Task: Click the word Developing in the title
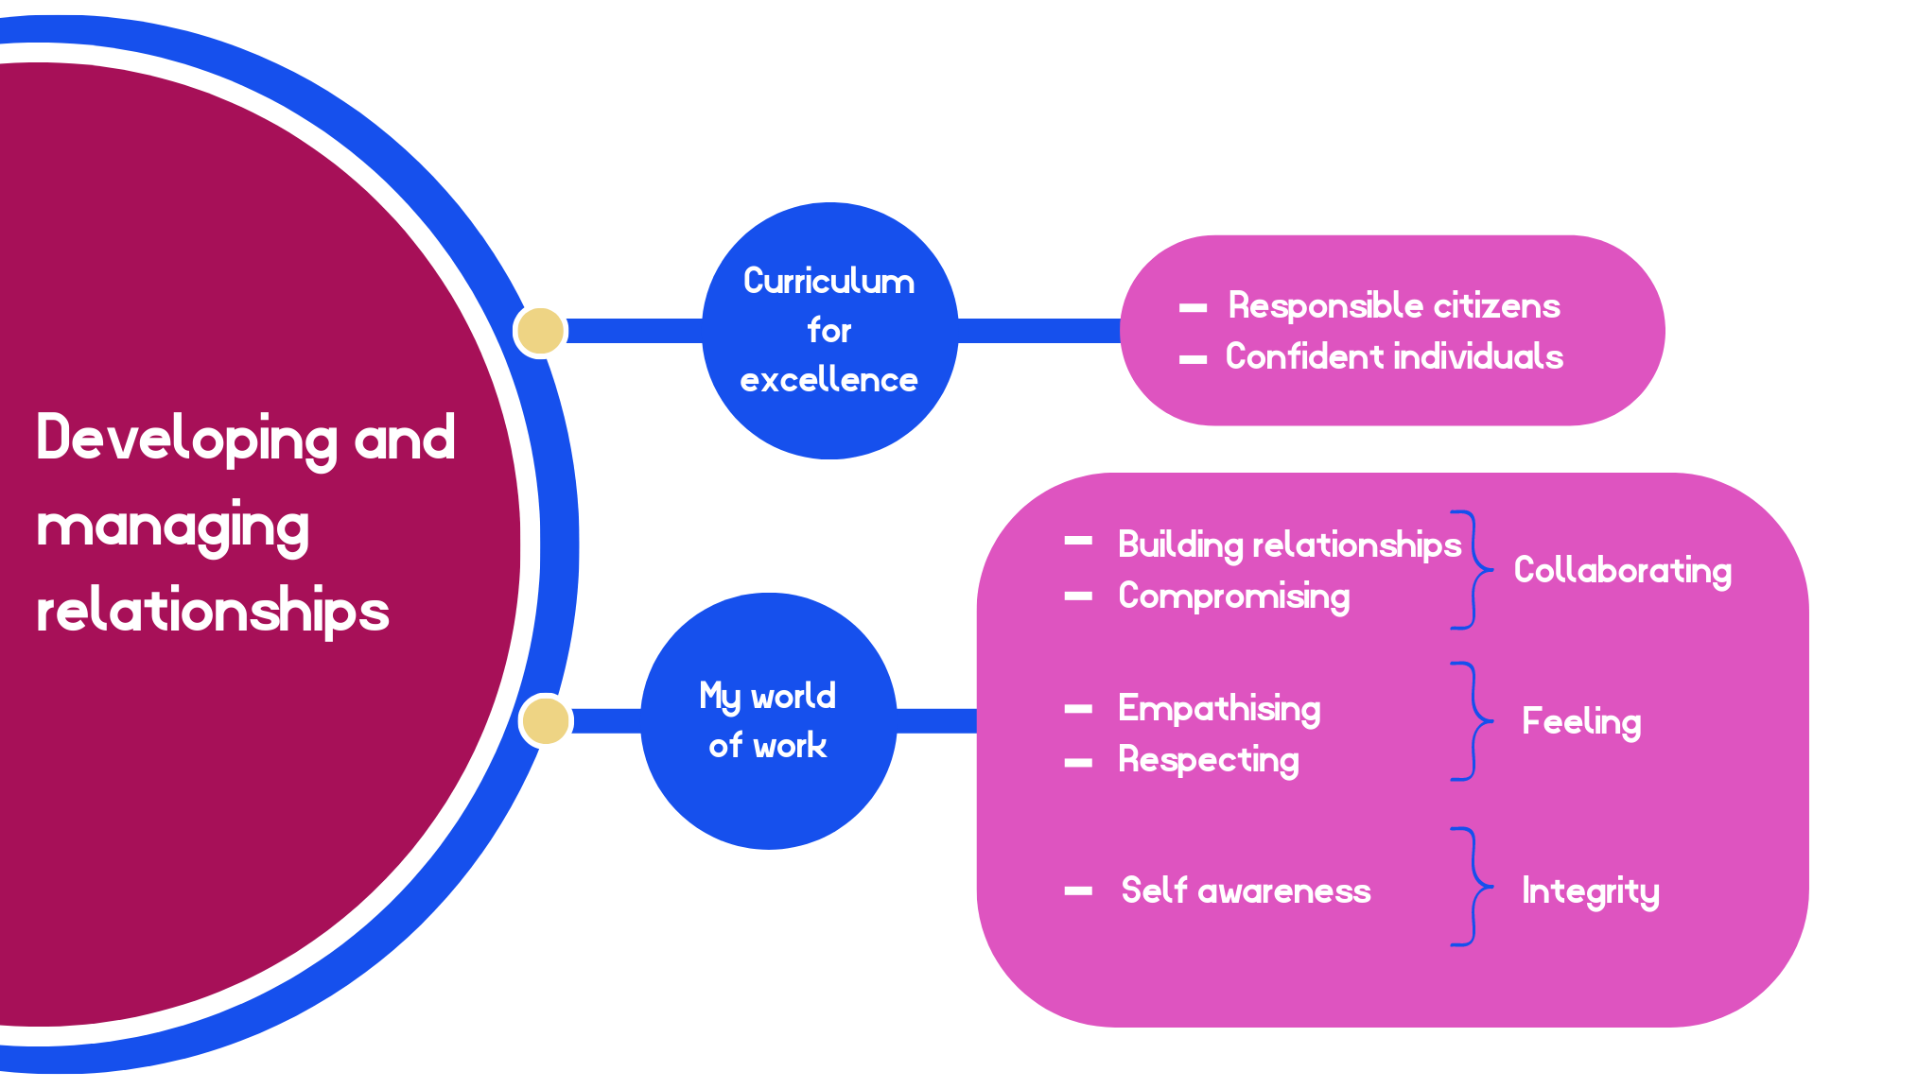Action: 186,438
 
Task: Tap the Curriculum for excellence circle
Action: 829,331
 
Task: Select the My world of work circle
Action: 768,720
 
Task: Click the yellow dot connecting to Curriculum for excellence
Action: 540,331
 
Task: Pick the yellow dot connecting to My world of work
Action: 546,720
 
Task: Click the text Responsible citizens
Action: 1393,305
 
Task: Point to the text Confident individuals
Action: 1394,356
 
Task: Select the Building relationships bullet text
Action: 1289,544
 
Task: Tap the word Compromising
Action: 1234,596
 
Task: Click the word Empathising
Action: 1219,708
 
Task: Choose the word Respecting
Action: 1209,759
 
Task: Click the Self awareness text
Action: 1246,890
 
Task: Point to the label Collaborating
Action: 1622,570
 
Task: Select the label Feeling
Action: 1581,721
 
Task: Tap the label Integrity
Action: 1590,890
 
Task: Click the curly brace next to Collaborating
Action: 1472,570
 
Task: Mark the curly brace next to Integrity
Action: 1472,887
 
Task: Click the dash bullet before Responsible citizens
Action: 1193,308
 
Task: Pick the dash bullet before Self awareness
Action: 1078,890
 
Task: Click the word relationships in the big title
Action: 213,610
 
